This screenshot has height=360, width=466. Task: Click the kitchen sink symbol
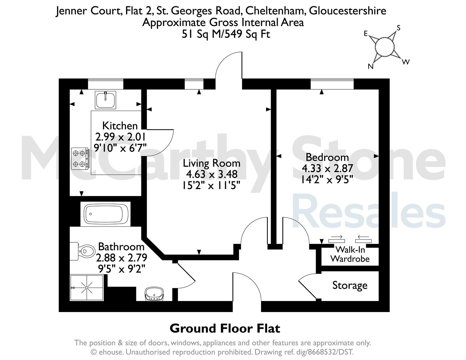click(106, 100)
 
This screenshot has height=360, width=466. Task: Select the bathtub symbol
click(106, 214)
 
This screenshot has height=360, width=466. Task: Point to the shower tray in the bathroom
click(87, 288)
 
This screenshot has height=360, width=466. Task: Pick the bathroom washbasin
click(154, 294)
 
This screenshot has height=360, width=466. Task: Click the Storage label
click(350, 286)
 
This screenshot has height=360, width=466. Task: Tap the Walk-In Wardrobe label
click(350, 254)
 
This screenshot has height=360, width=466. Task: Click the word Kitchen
click(120, 126)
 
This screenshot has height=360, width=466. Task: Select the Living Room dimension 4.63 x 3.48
click(212, 174)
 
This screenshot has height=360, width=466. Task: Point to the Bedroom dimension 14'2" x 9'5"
click(327, 179)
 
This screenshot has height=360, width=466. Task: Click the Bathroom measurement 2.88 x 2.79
click(121, 258)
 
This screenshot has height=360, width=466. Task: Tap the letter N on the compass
click(371, 66)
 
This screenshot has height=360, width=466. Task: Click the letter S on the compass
click(398, 28)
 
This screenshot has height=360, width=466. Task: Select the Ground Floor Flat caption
click(225, 328)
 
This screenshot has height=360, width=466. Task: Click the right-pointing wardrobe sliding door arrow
click(336, 237)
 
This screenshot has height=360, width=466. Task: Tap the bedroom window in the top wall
click(332, 84)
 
